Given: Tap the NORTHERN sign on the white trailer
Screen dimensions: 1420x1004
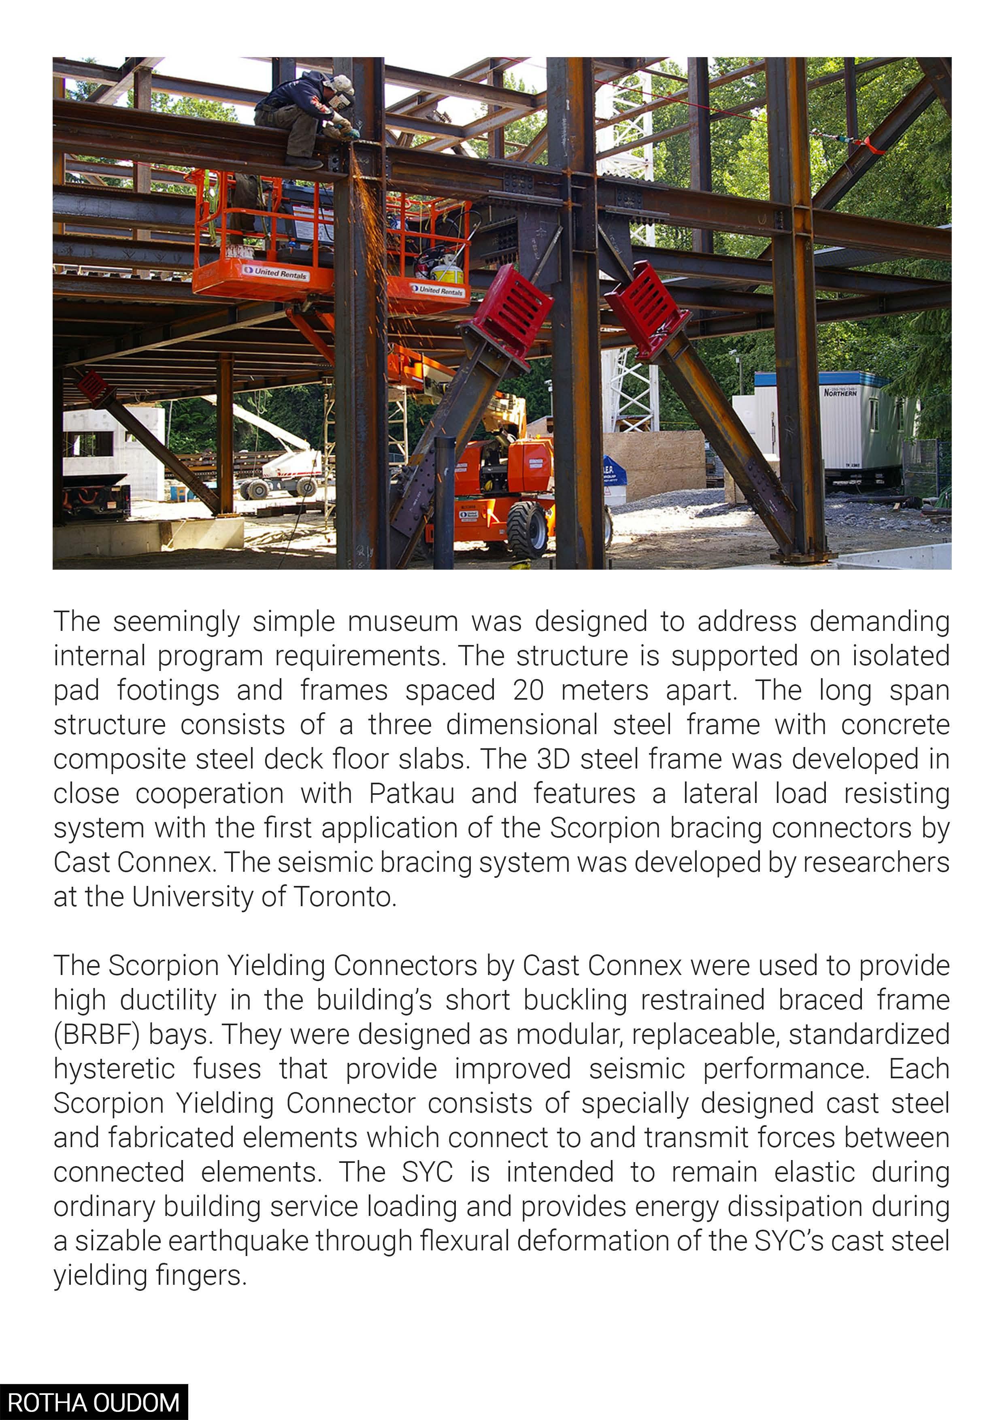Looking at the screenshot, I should [x=840, y=392].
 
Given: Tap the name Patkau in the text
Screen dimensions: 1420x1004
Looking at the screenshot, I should [x=412, y=794].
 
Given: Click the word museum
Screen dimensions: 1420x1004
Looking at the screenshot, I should [x=402, y=622].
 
